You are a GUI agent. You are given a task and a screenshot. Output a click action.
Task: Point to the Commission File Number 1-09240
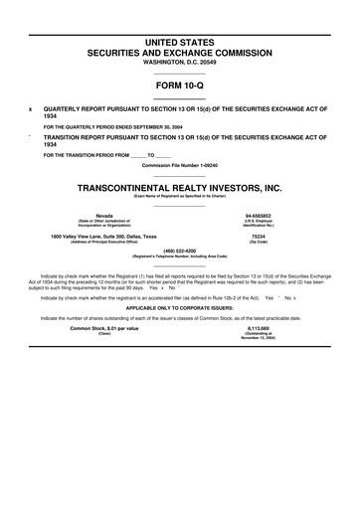pos(180,163)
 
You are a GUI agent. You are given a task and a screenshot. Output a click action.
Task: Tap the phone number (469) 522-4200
pos(180,250)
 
